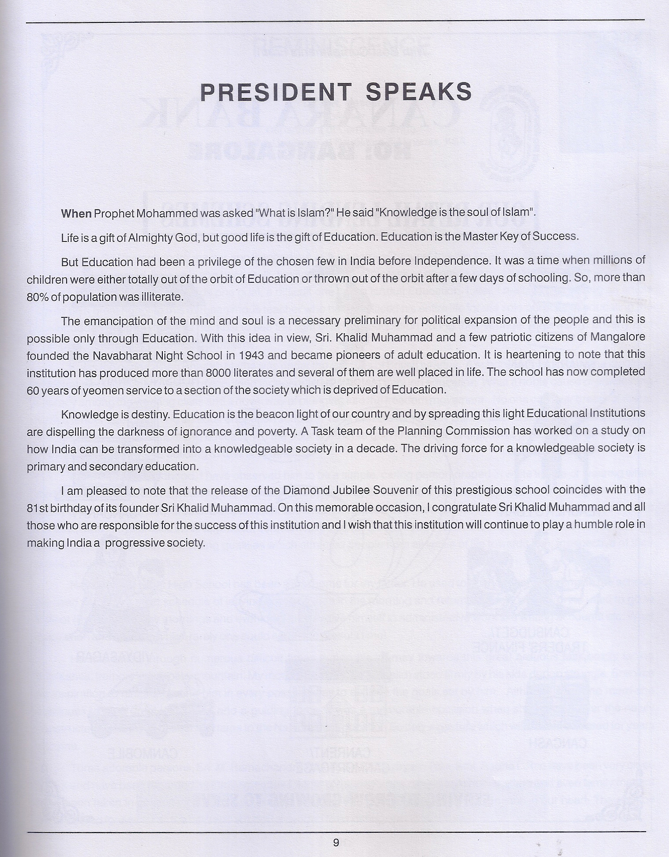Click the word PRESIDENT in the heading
275,92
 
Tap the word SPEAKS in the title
419,92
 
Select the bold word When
76,213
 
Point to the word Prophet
114,214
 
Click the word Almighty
151,238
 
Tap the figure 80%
38,297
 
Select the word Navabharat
122,355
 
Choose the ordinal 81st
36,508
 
